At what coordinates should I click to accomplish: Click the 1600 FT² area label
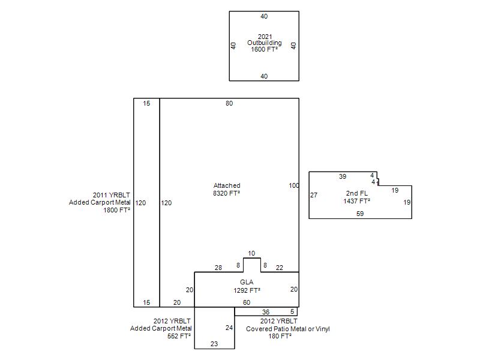coord(264,49)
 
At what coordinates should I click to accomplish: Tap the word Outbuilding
coord(264,43)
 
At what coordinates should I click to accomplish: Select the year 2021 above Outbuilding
coord(265,37)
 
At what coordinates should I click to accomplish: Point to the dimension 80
coord(229,103)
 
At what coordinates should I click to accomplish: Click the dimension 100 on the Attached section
coord(293,185)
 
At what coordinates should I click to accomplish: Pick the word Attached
coord(227,185)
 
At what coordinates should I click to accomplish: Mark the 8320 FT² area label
coord(227,193)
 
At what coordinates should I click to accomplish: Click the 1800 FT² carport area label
coord(117,210)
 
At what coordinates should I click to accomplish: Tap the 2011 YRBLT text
coord(112,195)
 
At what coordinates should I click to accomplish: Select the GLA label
coord(247,282)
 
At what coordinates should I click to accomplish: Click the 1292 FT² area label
coord(247,290)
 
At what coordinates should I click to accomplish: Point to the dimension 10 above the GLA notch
coord(251,253)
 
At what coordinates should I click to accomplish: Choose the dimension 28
coord(218,268)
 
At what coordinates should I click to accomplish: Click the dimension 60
coord(247,302)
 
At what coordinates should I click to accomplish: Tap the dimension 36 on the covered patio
coord(266,312)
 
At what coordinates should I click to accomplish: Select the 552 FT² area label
coord(179,336)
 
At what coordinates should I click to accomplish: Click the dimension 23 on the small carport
coord(214,344)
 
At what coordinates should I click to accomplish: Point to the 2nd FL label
coord(356,193)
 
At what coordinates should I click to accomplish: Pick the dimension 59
coord(360,214)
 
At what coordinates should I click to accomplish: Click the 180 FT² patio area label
coord(280,336)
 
